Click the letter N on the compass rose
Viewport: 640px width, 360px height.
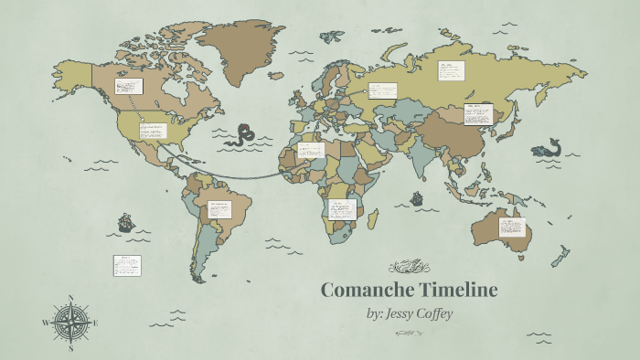pyautogui.click(x=71, y=298)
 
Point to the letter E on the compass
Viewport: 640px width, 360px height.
pyautogui.click(x=95, y=323)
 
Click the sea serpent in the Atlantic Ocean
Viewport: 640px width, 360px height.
pyautogui.click(x=242, y=135)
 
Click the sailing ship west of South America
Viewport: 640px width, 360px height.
pyautogui.click(x=125, y=222)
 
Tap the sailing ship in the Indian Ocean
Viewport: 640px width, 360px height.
pyautogui.click(x=417, y=196)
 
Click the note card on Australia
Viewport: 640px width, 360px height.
pyautogui.click(x=511, y=228)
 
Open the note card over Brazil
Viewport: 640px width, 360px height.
pyautogui.click(x=219, y=209)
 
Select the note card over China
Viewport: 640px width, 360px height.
pyautogui.click(x=478, y=114)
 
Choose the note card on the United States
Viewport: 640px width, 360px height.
pyautogui.click(x=153, y=131)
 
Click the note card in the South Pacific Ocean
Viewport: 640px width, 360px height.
pyautogui.click(x=126, y=265)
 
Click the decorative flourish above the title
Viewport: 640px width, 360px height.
pyautogui.click(x=409, y=268)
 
